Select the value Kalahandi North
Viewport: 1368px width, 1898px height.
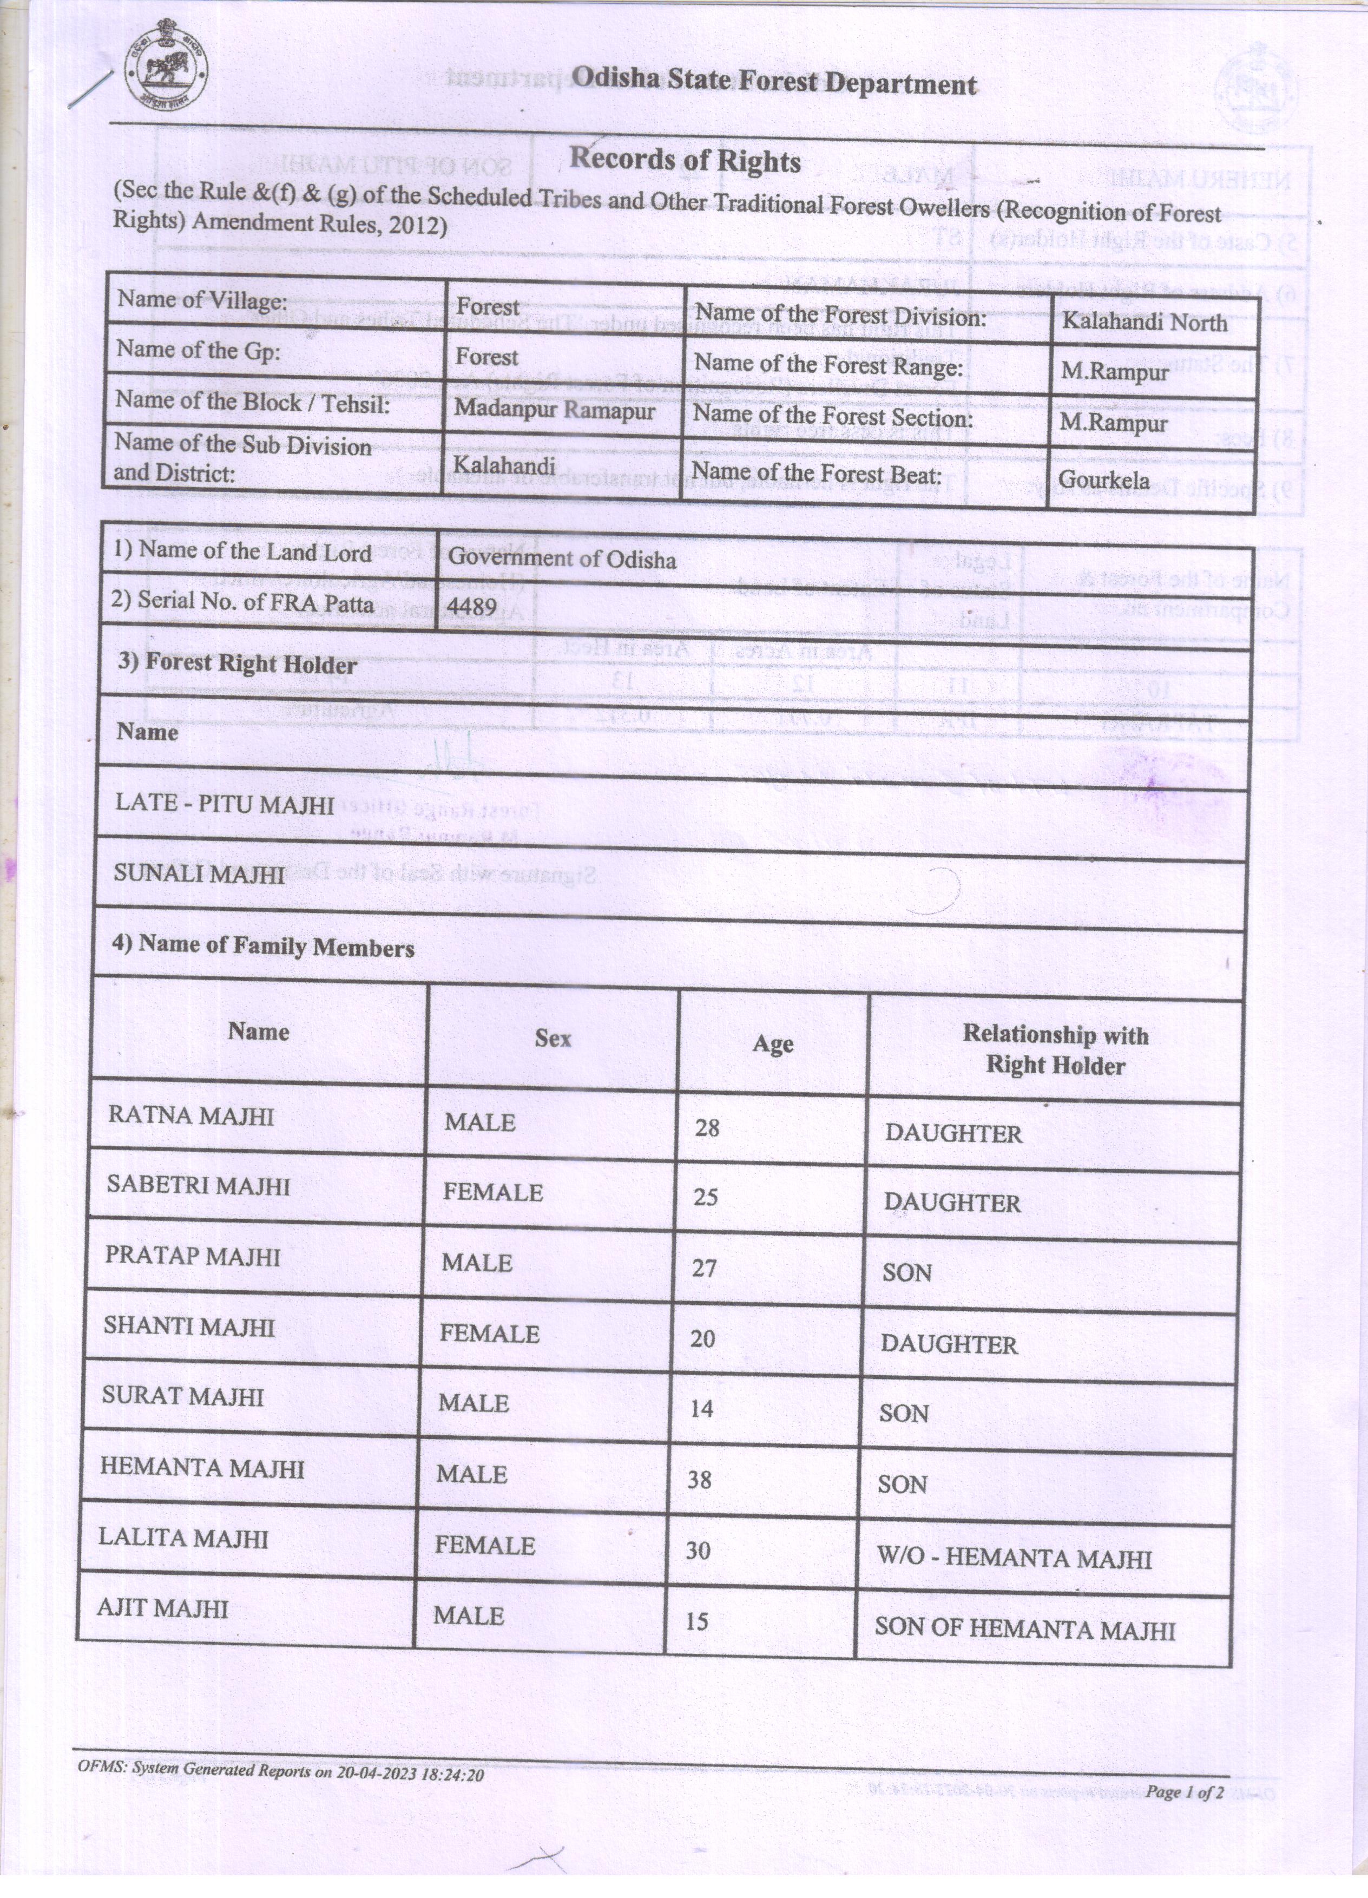click(x=1144, y=322)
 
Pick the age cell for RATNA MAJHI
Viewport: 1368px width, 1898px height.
click(x=707, y=1128)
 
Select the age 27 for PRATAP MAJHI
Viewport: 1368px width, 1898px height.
click(x=705, y=1268)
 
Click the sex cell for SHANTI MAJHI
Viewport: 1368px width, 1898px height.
click(x=490, y=1333)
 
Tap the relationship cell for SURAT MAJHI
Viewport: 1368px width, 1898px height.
click(x=904, y=1414)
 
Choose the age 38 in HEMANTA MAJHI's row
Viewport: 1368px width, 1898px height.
click(x=700, y=1480)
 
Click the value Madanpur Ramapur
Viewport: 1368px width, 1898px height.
click(x=554, y=410)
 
